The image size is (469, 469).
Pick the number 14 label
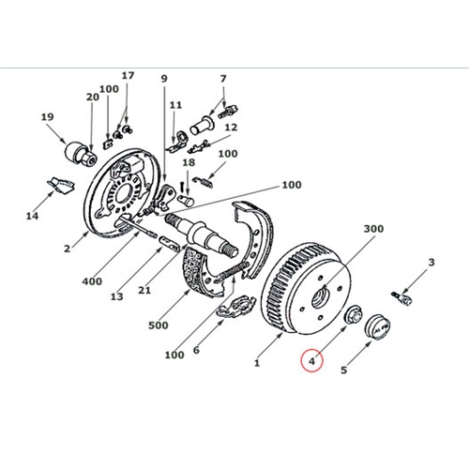point(33,217)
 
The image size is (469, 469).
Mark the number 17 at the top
point(128,76)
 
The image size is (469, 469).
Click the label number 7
point(223,79)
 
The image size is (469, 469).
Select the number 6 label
point(196,351)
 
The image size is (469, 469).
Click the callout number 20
point(92,98)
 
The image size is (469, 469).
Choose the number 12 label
point(231,128)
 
